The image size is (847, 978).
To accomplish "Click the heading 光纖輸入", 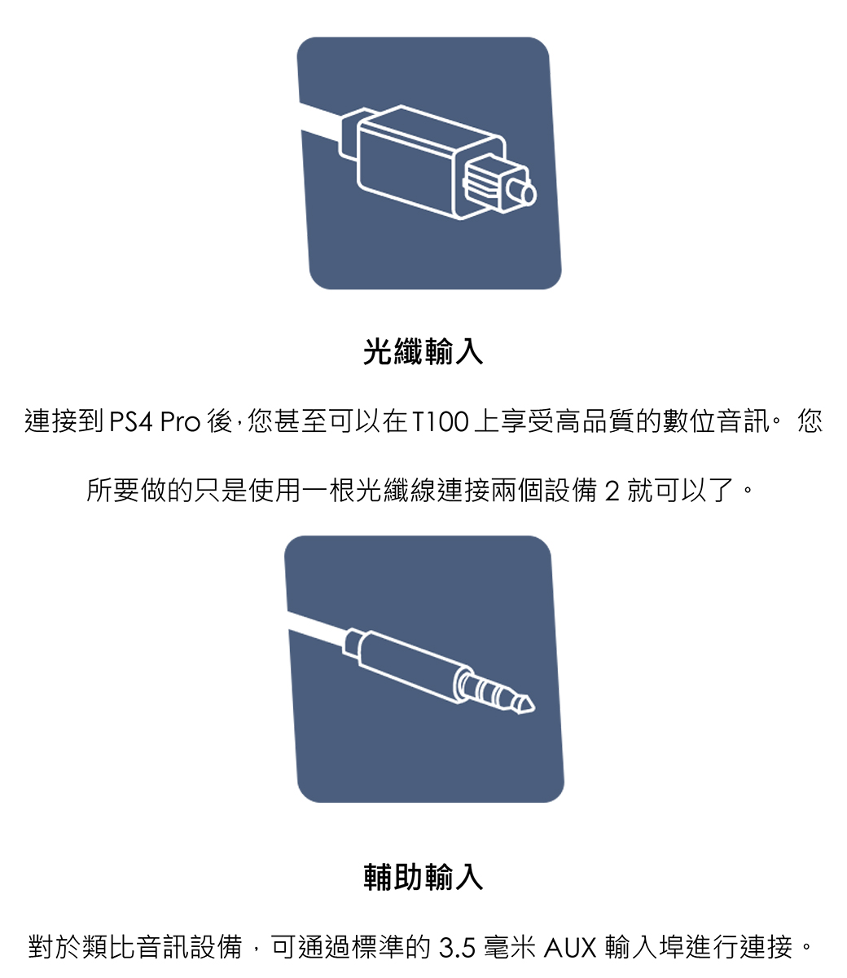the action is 423,351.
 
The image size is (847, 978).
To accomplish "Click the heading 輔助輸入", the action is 423,877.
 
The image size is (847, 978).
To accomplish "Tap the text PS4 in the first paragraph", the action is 131,421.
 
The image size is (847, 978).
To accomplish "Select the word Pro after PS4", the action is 181,421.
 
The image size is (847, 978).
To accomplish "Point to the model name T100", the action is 441,421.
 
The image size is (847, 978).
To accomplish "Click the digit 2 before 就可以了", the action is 612,491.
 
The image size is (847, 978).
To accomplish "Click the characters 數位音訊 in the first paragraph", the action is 716,421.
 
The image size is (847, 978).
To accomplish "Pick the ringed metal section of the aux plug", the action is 487,688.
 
